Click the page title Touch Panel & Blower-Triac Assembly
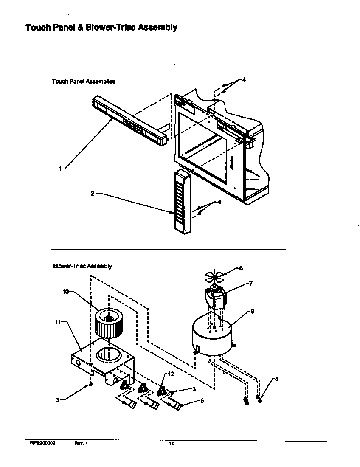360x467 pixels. coord(101,28)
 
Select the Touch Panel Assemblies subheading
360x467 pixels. coord(83,81)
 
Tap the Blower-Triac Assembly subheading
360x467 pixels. coord(82,266)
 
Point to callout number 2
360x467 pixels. coord(92,194)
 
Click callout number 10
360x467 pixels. coord(65,293)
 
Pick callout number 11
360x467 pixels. coord(58,322)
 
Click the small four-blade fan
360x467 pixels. coord(215,277)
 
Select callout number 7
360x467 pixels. coord(250,284)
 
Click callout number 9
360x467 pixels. coord(252,311)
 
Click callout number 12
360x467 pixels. coord(172,374)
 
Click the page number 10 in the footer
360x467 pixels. coord(172,444)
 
